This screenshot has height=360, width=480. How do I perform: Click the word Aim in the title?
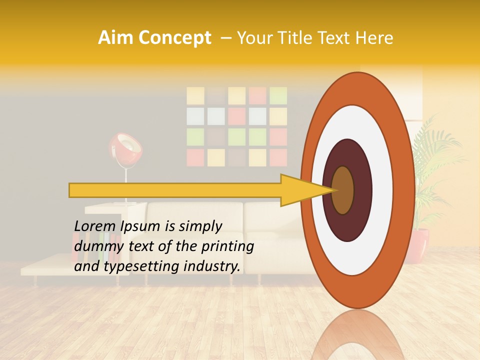[115, 38]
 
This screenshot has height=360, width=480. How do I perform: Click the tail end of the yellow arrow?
[72, 190]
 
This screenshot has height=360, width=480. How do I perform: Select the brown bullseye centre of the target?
[343, 190]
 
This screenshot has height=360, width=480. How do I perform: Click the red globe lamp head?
[125, 149]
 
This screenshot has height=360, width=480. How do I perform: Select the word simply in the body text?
[200, 226]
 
